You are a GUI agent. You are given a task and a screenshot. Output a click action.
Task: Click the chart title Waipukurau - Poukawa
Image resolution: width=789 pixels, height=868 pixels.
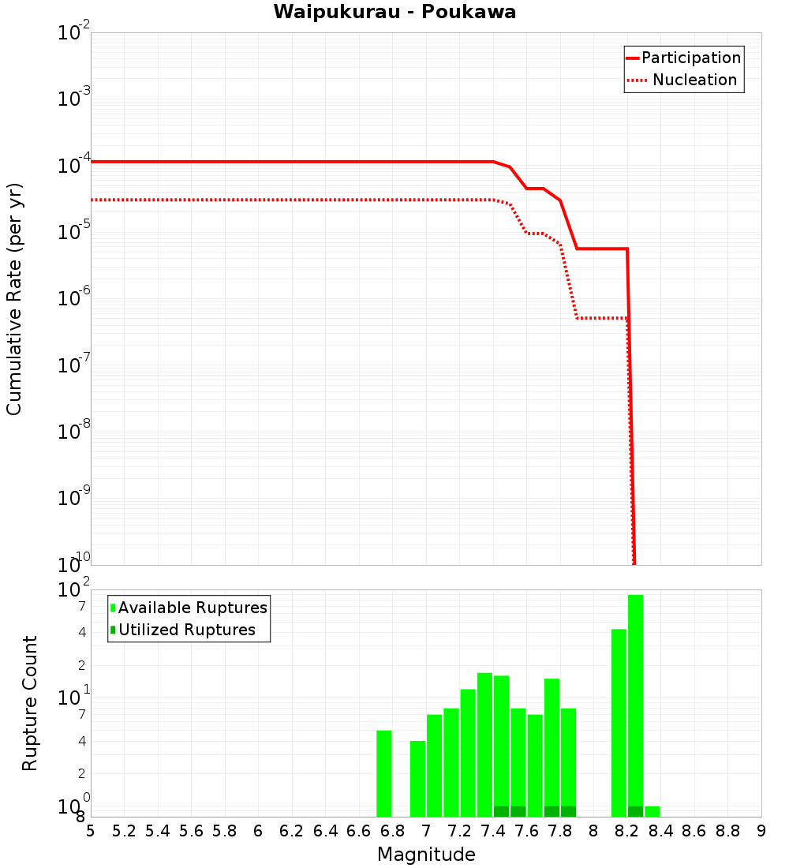[394, 12]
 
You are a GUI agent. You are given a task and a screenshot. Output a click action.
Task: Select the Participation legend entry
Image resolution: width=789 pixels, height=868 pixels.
[690, 58]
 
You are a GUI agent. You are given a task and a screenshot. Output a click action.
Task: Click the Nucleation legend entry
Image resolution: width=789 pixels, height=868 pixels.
[694, 80]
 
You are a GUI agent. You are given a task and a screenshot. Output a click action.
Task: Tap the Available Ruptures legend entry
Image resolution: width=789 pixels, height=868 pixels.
[193, 608]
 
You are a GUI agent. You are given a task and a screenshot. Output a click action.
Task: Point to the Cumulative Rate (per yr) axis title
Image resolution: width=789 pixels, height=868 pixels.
[14, 298]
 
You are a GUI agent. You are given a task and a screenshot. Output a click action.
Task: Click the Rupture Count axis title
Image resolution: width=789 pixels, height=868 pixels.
[30, 703]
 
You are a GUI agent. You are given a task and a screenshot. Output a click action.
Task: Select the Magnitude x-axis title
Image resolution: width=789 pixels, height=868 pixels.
[426, 855]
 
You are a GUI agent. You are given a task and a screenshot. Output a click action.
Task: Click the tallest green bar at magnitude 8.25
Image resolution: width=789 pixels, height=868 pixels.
[636, 702]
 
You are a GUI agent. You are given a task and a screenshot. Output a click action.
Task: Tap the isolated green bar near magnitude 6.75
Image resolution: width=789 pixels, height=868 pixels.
[384, 773]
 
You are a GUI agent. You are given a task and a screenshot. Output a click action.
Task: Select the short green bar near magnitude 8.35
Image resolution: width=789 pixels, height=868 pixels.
[653, 811]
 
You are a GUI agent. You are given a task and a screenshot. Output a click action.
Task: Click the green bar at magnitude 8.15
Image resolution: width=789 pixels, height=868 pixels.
[619, 722]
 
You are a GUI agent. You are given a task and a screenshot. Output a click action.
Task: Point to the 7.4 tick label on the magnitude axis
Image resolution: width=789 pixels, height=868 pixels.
[493, 831]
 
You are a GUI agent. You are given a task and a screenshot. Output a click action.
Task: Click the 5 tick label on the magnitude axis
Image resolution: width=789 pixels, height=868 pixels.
[91, 831]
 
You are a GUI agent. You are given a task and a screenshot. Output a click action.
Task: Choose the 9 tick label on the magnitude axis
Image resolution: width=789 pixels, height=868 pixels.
[761, 831]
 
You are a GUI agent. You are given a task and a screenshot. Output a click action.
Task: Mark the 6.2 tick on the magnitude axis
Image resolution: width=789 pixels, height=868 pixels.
[292, 831]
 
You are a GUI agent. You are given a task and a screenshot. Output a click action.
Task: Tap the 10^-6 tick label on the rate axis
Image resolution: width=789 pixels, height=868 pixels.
[74, 299]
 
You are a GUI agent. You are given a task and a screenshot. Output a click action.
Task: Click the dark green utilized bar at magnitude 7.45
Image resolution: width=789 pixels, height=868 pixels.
[502, 811]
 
